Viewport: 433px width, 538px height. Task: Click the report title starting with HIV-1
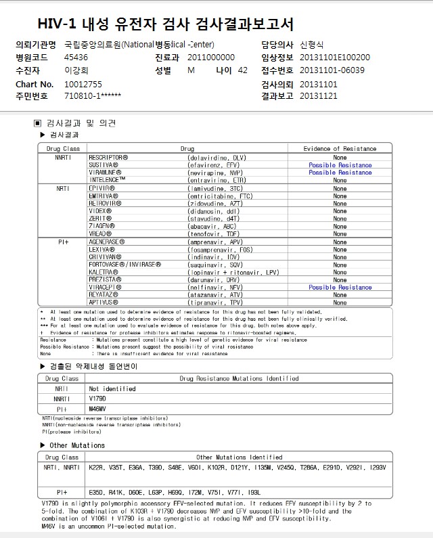tap(166, 24)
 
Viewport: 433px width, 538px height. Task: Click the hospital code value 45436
tap(76, 58)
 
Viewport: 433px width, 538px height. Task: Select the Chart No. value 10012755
tap(83, 85)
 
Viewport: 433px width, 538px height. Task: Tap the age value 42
tap(243, 70)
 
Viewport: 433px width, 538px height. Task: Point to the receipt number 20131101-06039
tap(332, 70)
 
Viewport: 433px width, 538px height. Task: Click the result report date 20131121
tap(318, 96)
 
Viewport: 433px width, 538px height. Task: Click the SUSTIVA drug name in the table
tap(104, 164)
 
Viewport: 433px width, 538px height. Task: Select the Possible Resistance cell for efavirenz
tap(340, 165)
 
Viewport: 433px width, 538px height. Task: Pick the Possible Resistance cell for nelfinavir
tap(340, 288)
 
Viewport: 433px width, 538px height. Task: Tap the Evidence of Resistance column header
tap(340, 148)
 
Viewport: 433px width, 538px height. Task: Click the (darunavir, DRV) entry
tap(214, 279)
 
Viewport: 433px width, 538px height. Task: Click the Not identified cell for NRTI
tap(112, 389)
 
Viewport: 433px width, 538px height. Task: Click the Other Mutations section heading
tap(77, 445)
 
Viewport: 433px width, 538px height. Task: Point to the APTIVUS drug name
tap(104, 302)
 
